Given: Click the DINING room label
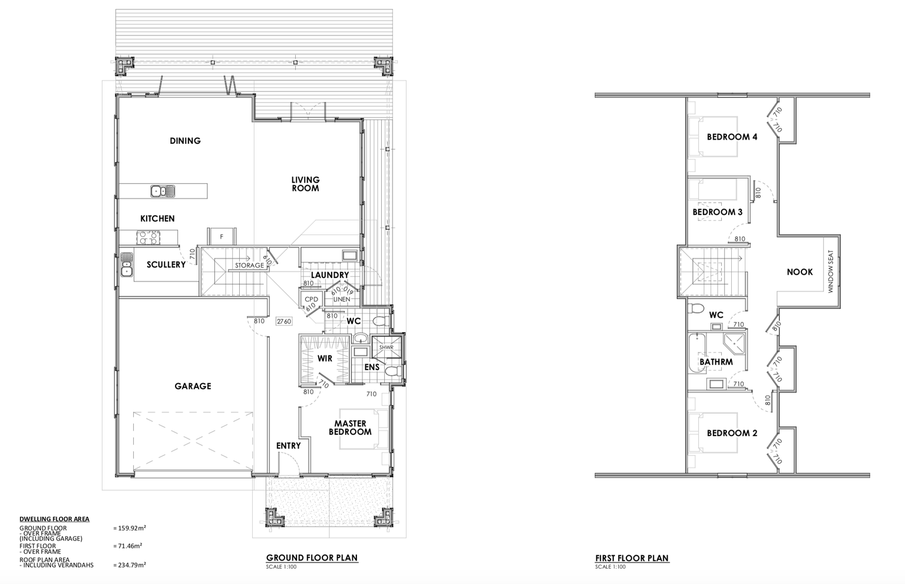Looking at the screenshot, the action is click(185, 141).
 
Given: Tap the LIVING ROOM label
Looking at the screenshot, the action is click(305, 184).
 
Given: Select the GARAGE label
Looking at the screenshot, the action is click(193, 386).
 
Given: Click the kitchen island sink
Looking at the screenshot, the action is click(163, 191).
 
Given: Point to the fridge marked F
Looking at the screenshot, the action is click(222, 236).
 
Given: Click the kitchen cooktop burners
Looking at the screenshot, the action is click(148, 237).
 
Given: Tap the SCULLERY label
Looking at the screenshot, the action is click(166, 265).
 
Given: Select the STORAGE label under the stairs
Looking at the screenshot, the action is click(249, 266).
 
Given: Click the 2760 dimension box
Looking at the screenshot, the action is click(283, 321).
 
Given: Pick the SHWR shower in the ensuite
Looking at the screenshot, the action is click(387, 347).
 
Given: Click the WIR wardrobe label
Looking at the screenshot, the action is click(325, 358).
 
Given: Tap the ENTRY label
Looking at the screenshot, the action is click(289, 446).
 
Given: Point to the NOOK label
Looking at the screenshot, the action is click(800, 272).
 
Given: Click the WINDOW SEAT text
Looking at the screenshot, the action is click(831, 272).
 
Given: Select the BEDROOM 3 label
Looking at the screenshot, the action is click(718, 212).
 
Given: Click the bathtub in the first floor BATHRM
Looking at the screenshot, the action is click(696, 352).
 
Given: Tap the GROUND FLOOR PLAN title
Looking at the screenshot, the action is click(312, 557).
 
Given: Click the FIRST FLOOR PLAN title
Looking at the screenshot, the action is click(632, 558).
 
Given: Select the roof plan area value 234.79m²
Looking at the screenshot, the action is click(130, 565).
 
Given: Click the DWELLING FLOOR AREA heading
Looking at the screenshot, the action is click(55, 519).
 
